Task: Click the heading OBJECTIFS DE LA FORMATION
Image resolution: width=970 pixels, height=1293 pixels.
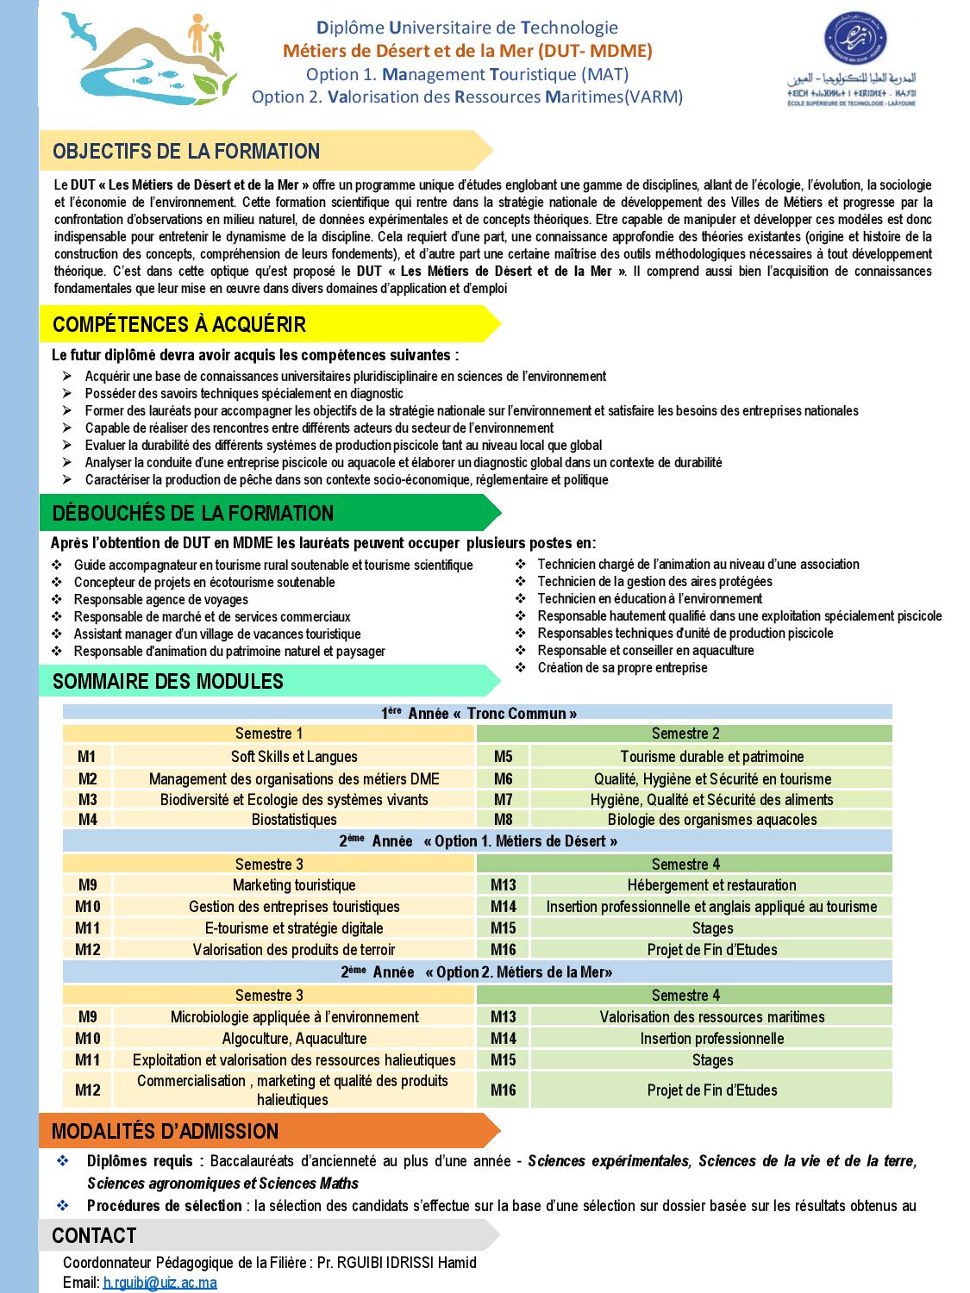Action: point(186,152)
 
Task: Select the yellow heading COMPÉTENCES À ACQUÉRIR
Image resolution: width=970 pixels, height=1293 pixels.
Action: point(179,325)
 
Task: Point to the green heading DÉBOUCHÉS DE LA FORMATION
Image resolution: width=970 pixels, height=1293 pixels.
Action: point(193,514)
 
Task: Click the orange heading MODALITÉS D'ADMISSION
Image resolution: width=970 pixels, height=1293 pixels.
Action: point(166,1132)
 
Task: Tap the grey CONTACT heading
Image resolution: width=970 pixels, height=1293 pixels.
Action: point(94,1236)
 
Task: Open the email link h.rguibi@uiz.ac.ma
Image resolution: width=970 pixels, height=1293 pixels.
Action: point(160,1283)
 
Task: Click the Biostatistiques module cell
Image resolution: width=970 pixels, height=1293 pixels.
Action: point(294,820)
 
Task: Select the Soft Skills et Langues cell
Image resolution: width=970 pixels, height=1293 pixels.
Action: point(294,757)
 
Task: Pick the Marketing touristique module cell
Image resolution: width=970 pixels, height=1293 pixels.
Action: point(294,885)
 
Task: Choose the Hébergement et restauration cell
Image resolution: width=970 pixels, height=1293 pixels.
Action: point(712,885)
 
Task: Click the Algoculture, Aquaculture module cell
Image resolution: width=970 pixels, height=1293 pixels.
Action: point(294,1039)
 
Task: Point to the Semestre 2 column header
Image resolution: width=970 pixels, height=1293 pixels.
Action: point(685,734)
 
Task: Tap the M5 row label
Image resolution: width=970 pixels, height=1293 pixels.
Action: point(504,757)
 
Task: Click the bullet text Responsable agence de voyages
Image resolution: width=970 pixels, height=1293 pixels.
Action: point(161,600)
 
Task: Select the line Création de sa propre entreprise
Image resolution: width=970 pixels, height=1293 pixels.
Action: point(623,668)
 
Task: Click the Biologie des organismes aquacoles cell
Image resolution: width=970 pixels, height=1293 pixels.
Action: point(712,820)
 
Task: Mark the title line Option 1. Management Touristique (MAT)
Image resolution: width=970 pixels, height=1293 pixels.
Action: point(467,74)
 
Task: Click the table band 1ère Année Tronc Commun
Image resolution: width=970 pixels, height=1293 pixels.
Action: point(479,714)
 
